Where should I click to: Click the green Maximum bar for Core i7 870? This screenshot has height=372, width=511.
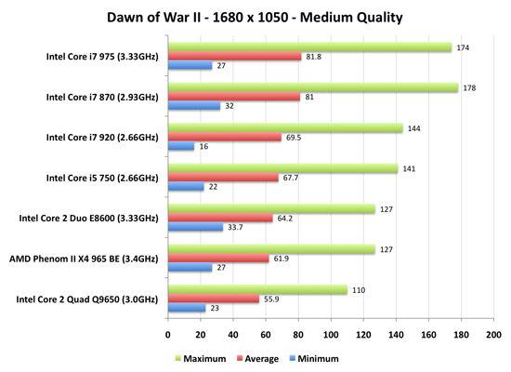(x=313, y=87)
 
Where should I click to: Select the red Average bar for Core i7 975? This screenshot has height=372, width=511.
(x=235, y=56)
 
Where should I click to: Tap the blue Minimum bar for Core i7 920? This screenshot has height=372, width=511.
(x=181, y=146)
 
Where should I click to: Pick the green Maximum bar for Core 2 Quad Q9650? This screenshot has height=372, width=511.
(x=257, y=289)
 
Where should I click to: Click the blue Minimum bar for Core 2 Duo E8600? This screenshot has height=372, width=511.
(x=195, y=227)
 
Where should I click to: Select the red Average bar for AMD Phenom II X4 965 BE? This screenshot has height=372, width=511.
(x=218, y=259)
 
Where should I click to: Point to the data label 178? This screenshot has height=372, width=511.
(x=469, y=88)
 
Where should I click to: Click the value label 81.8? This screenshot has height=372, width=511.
(x=313, y=57)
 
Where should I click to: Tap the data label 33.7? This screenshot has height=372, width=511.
(x=235, y=227)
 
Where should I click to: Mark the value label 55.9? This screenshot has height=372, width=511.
(x=271, y=299)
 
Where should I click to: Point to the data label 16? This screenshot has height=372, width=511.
(x=203, y=147)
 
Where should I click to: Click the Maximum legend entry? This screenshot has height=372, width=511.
(x=201, y=359)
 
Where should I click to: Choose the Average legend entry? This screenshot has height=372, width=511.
(x=257, y=359)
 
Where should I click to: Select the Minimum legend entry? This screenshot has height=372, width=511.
(x=314, y=359)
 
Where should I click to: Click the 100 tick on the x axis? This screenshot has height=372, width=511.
(x=331, y=335)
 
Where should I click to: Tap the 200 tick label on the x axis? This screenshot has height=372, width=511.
(x=493, y=335)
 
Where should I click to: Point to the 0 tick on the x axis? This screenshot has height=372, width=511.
(x=168, y=335)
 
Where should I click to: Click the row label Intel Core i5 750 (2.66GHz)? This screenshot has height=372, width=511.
(x=102, y=179)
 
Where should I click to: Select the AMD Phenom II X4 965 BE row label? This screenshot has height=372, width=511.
(x=84, y=259)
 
